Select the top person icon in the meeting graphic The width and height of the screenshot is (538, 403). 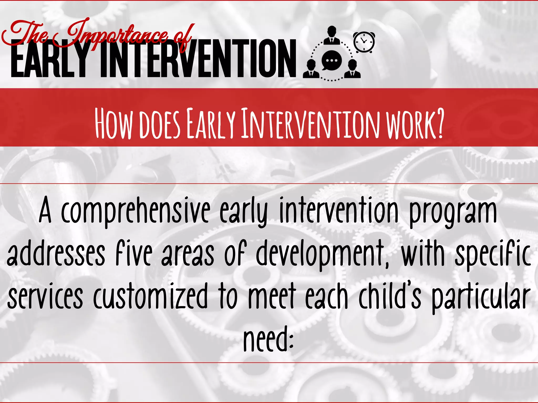click(x=332, y=35)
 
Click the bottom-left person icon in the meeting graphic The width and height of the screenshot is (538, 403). click(x=311, y=69)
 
